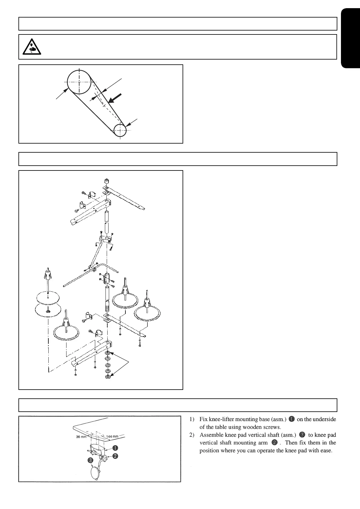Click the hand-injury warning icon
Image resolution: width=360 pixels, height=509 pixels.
(32, 47)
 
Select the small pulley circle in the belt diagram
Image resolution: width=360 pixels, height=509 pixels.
(120, 130)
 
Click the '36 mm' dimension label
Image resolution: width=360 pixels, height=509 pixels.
(81, 437)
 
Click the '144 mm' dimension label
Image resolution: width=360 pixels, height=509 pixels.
(112, 436)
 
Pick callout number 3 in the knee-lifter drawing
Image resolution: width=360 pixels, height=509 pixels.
(90, 460)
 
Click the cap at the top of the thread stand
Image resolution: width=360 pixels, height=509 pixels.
(106, 182)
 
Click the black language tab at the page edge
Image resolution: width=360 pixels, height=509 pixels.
(350, 39)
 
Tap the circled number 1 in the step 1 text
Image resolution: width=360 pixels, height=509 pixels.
(291, 419)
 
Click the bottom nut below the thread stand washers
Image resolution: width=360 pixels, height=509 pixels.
(107, 377)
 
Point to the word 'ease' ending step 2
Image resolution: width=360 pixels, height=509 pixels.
(326, 451)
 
